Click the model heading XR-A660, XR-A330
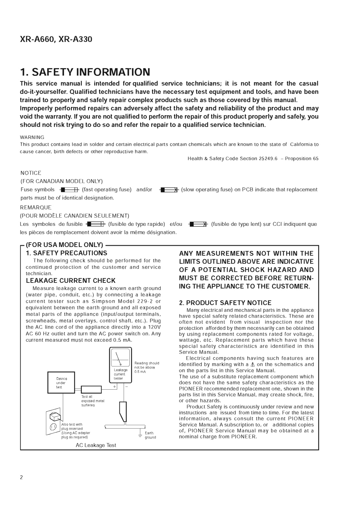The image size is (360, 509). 56,39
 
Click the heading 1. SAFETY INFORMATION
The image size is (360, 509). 85,72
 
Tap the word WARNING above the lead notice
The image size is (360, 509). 32,137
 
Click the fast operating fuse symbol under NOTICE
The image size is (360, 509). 69,190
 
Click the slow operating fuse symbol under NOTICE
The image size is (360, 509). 169,190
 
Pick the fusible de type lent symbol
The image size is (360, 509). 198,224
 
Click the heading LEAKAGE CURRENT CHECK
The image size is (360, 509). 71,281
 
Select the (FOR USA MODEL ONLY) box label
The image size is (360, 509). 65,245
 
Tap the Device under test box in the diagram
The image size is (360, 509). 61,383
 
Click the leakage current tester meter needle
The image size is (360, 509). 118,359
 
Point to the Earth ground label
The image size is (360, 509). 150,435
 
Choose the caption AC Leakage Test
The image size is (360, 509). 96,445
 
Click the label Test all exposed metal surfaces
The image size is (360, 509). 92,401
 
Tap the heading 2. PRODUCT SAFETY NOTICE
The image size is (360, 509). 225,303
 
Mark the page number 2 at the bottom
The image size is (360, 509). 22,477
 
